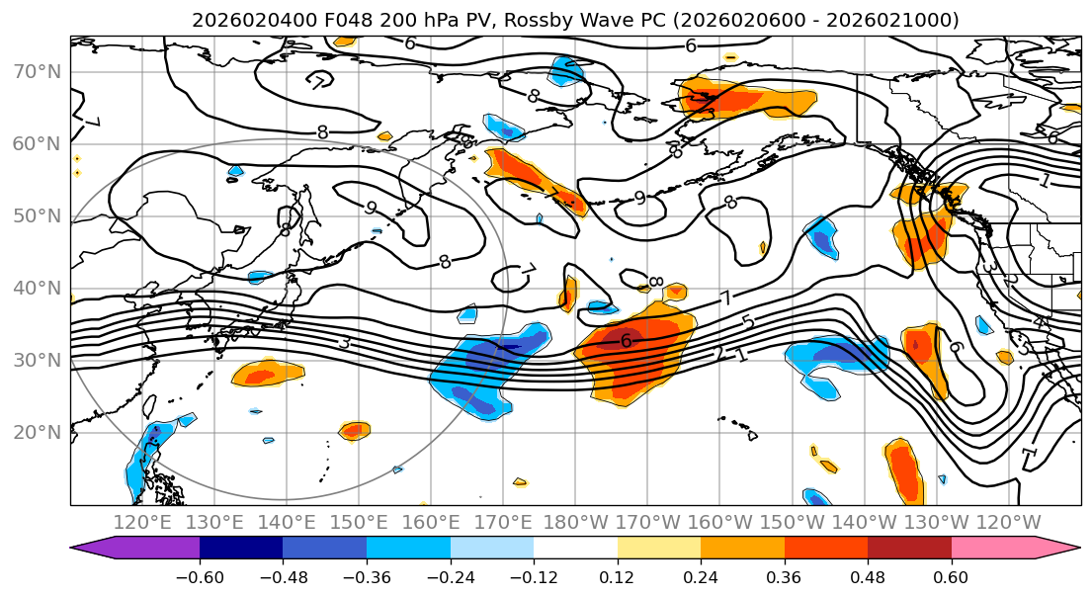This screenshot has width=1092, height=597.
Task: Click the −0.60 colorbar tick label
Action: tap(200, 576)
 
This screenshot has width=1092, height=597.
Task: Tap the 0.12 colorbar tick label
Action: tap(617, 576)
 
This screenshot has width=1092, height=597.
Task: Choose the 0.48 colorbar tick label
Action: tap(868, 576)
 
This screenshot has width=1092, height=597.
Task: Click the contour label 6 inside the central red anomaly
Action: tap(626, 341)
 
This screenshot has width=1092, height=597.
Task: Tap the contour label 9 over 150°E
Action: tap(371, 208)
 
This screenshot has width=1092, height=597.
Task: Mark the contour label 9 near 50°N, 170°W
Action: tap(639, 198)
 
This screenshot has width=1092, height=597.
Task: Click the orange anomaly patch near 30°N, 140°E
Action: tap(267, 373)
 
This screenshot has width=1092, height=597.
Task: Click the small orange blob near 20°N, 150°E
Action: tap(354, 430)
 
